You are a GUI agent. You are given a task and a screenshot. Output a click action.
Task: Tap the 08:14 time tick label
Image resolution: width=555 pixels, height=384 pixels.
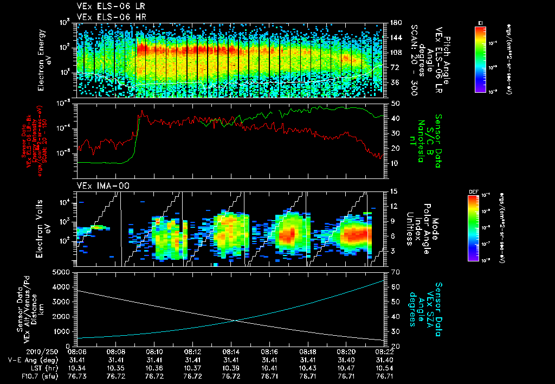pyautogui.click(x=231, y=351)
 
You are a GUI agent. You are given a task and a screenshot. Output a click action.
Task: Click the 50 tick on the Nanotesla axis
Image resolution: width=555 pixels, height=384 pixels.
pyautogui.click(x=395, y=103)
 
